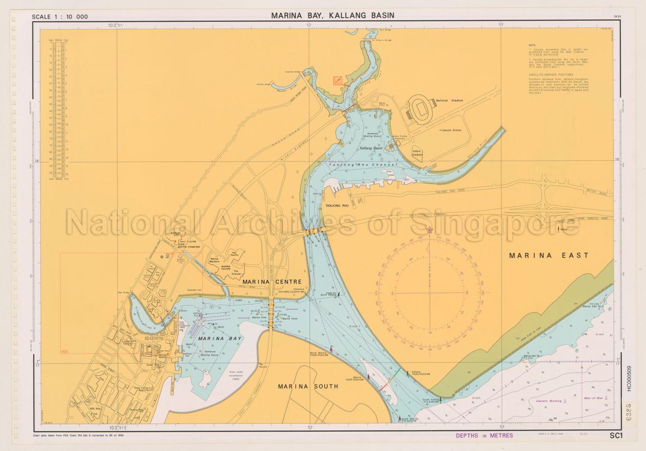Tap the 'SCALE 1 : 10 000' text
[60, 17]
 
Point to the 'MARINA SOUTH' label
[308, 386]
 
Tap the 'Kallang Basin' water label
[371, 149]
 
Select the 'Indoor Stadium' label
[417, 153]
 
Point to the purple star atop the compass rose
[430, 230]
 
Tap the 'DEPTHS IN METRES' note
[484, 435]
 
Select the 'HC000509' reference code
[629, 379]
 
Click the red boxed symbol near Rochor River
[337, 81]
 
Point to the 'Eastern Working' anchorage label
[551, 401]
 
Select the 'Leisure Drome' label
[451, 130]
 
